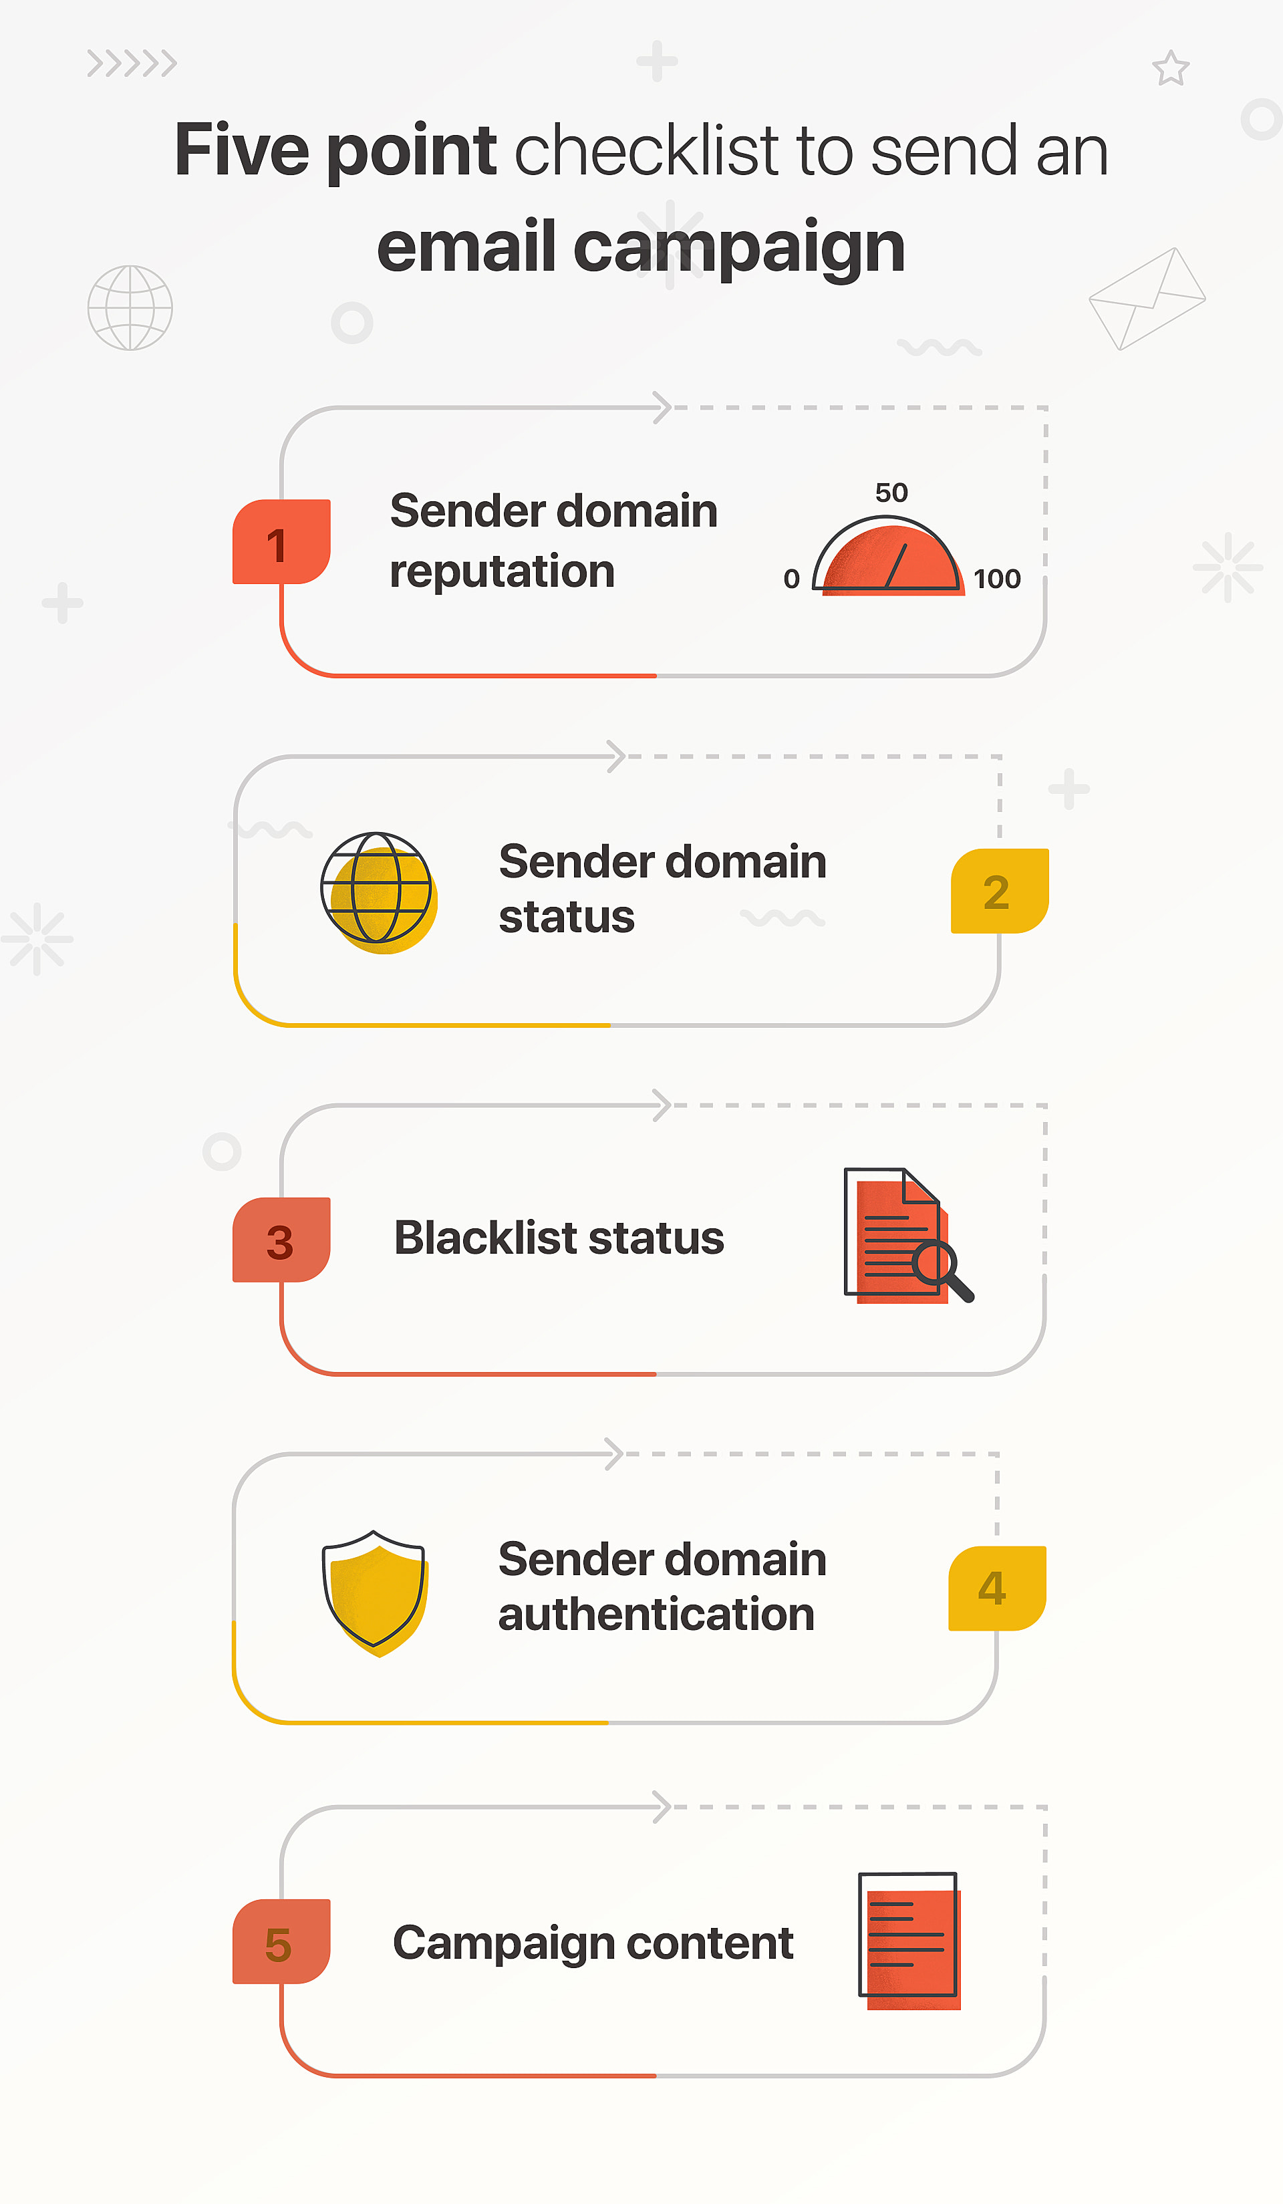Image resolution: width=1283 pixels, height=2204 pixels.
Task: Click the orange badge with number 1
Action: point(281,541)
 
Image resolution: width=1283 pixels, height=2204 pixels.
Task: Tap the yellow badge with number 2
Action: point(999,890)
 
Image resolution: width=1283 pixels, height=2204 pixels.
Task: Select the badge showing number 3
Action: point(281,1239)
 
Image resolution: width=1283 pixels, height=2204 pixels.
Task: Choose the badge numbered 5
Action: point(281,1941)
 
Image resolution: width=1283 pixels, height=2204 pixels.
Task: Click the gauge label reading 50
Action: point(891,493)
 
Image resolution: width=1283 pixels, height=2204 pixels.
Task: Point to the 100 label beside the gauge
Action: point(997,578)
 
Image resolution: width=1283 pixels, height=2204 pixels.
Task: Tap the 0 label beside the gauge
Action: point(791,578)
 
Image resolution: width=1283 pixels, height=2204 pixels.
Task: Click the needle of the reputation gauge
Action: point(897,565)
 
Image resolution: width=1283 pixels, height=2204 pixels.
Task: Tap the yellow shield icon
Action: point(374,1592)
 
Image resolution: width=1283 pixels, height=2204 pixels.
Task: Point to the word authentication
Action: point(656,1615)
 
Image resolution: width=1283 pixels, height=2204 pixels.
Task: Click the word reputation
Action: point(502,572)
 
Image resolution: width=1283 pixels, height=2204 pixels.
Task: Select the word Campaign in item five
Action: point(504,1943)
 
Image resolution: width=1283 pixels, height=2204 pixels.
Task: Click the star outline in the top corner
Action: point(1170,68)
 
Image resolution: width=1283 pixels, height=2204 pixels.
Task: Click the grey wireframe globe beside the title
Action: point(130,308)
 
